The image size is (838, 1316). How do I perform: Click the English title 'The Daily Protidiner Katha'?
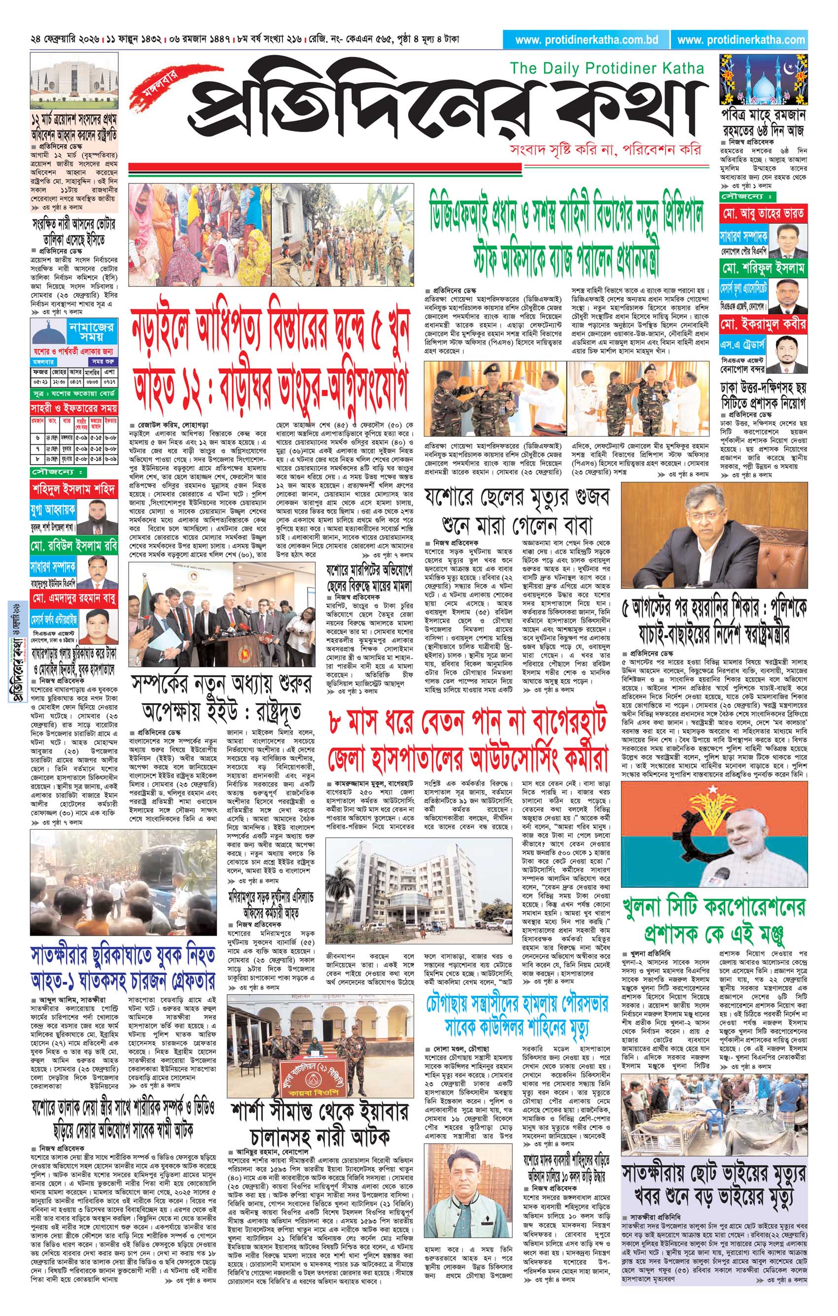click(x=606, y=68)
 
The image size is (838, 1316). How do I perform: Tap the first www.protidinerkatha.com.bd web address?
click(x=586, y=40)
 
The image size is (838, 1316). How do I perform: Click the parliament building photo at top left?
click(x=74, y=82)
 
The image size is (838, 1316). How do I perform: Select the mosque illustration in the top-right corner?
click(x=763, y=79)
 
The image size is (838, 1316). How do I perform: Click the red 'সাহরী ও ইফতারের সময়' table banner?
click(x=74, y=407)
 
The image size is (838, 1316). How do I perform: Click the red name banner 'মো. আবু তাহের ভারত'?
click(x=763, y=212)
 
